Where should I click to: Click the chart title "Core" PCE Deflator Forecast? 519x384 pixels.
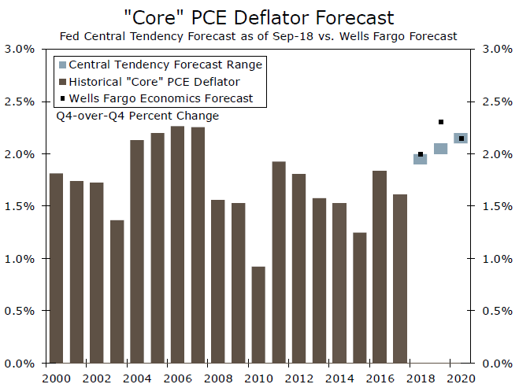(x=259, y=16)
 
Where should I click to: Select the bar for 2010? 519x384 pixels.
(x=258, y=315)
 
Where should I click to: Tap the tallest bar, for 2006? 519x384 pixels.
(x=177, y=245)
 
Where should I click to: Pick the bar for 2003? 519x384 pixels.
(x=117, y=291)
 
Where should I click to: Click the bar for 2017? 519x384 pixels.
(x=399, y=279)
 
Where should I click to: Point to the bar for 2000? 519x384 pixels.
(x=56, y=268)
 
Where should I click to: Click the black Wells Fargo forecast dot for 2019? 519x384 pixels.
(x=441, y=122)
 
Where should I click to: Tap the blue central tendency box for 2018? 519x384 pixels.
(x=421, y=159)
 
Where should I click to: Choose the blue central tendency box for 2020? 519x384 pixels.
(x=461, y=138)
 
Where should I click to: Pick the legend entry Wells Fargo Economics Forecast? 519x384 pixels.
(x=161, y=98)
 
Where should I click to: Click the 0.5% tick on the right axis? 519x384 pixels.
(x=493, y=311)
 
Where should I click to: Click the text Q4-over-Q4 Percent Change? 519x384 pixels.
(x=137, y=116)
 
